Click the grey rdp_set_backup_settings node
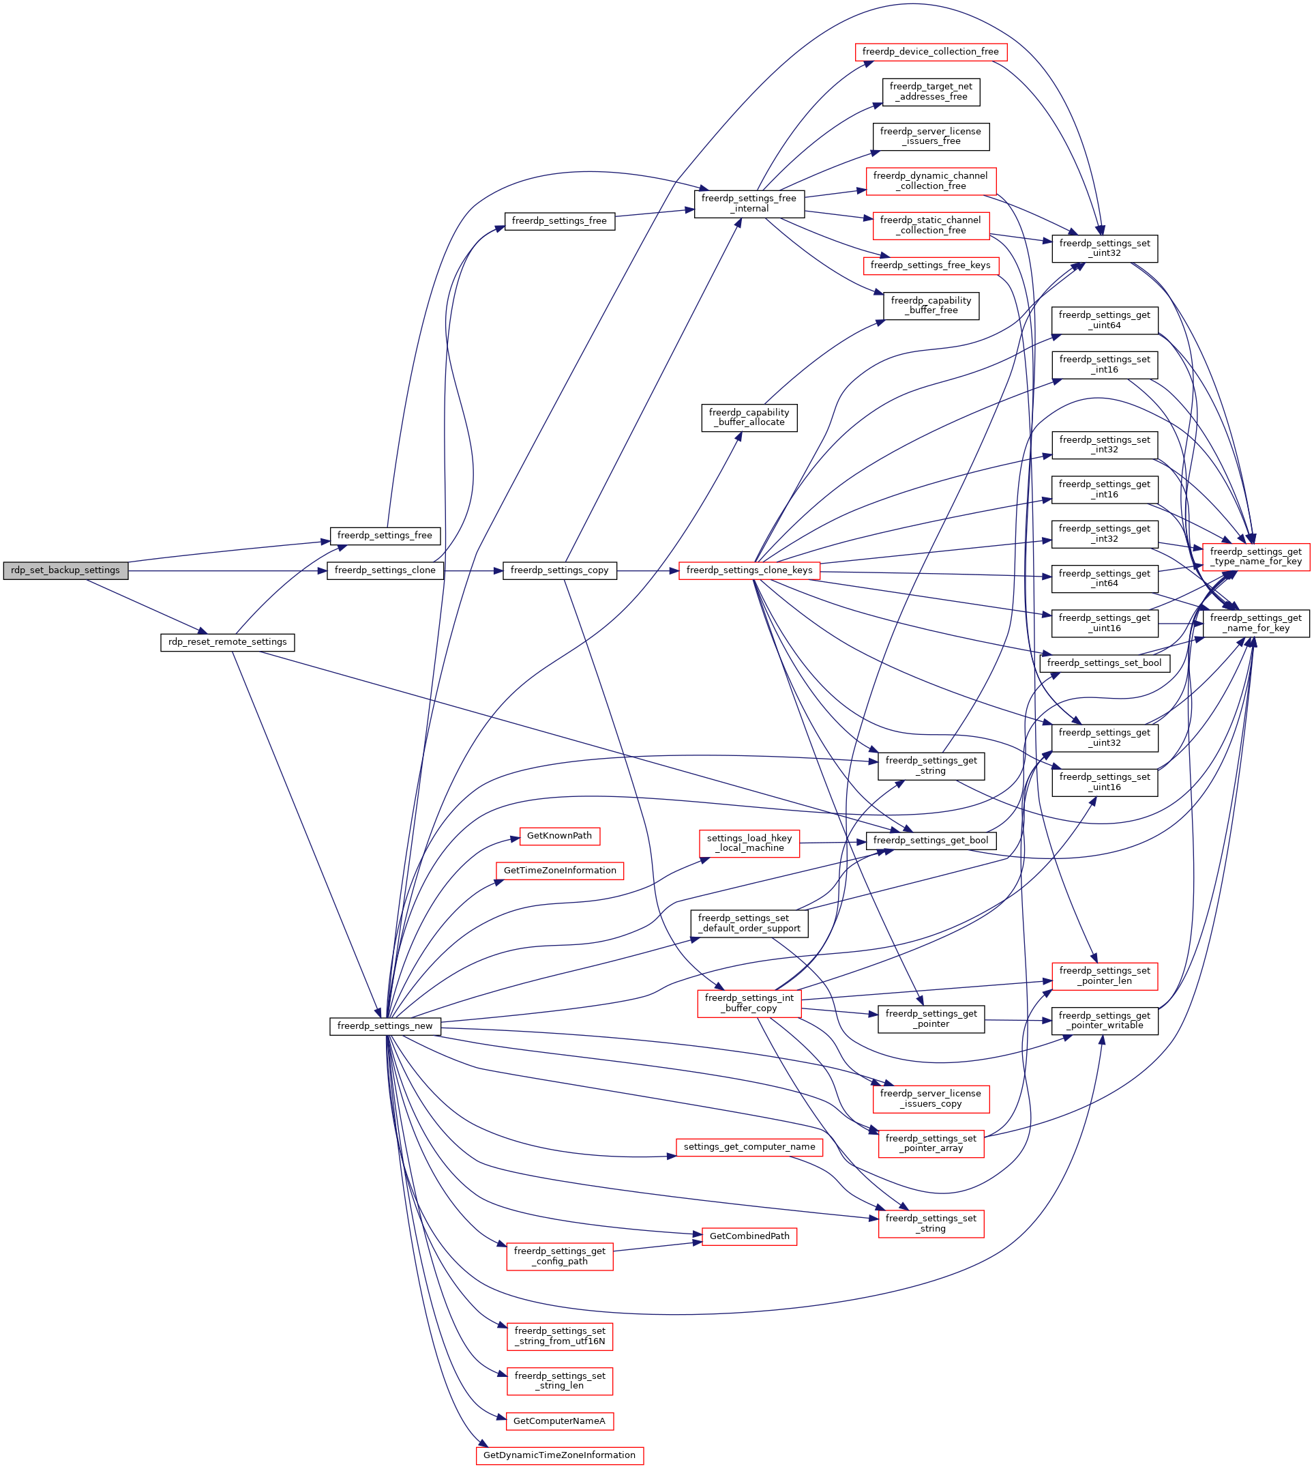(x=65, y=570)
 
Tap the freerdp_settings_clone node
(x=385, y=570)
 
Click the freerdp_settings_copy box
(x=559, y=570)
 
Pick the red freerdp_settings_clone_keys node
(x=749, y=570)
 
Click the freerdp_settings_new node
(x=385, y=1026)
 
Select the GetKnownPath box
(x=559, y=836)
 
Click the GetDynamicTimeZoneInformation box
(x=559, y=1455)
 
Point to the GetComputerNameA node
(x=559, y=1421)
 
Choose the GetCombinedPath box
(x=749, y=1236)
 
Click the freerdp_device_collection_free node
(x=930, y=52)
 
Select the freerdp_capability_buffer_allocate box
(x=749, y=418)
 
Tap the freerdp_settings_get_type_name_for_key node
(x=1255, y=556)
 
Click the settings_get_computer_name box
(x=749, y=1147)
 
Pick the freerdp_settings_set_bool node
(x=1104, y=663)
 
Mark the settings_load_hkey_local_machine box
(x=749, y=843)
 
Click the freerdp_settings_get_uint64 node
(x=1104, y=320)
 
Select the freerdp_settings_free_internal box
(x=749, y=203)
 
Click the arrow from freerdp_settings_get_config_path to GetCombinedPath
(x=657, y=1247)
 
